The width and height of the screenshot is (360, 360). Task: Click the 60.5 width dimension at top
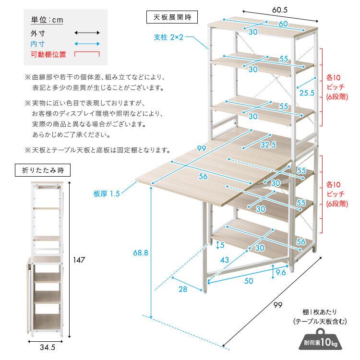coord(280,10)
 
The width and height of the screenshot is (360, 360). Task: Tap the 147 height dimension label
coord(79,260)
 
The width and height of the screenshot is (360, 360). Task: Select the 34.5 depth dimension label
coord(48,347)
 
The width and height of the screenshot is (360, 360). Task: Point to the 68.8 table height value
coord(141,253)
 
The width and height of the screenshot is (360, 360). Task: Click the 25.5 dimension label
coord(307,93)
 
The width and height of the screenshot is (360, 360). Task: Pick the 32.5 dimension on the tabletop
coord(268,144)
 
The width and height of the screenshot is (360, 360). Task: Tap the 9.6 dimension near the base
coord(281,273)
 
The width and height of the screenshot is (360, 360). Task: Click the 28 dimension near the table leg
coord(183,289)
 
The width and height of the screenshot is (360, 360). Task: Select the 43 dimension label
coord(224,260)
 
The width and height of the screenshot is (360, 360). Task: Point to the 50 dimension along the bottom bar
coord(249,281)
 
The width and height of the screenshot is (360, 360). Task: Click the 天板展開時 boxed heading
coord(172,17)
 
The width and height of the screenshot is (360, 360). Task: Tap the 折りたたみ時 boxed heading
coord(43,170)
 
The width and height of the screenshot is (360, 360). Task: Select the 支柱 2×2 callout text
coord(168,37)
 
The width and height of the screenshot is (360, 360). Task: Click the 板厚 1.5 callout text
coord(107,194)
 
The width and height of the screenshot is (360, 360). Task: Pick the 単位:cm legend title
coord(47,20)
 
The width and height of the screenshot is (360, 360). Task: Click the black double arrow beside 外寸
coord(87,33)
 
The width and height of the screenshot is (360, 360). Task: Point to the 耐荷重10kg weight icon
coord(321,339)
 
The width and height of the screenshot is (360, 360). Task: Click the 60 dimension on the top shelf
coord(283,24)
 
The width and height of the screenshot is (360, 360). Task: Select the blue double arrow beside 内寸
coord(87,44)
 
